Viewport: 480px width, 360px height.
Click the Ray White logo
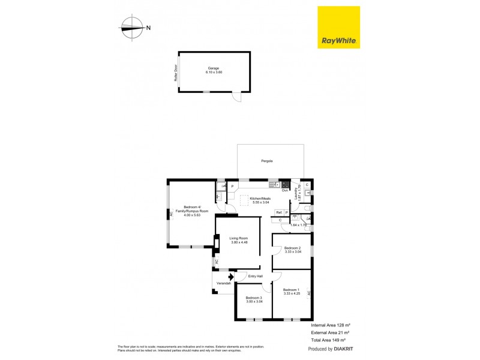tap(338, 27)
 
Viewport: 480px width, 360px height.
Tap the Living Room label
tap(238, 240)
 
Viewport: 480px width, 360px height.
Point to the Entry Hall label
tap(256, 276)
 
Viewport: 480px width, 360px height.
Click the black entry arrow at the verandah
tap(230, 277)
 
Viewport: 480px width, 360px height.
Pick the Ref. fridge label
tap(279, 212)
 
